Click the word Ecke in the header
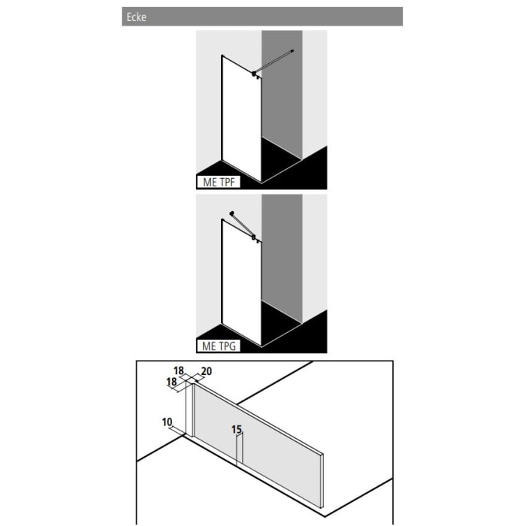pyautogui.click(x=136, y=17)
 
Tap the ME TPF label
pyautogui.click(x=218, y=182)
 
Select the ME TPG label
pyautogui.click(x=218, y=346)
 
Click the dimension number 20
pyautogui.click(x=207, y=371)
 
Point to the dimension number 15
pyautogui.click(x=237, y=430)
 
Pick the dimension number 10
pyautogui.click(x=166, y=422)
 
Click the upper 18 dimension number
pyautogui.click(x=179, y=371)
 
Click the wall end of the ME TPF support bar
pyautogui.click(x=292, y=51)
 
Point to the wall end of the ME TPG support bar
pyautogui.click(x=232, y=213)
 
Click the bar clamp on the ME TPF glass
pyautogui.click(x=256, y=73)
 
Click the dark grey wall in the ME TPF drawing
pyautogui.click(x=282, y=98)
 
